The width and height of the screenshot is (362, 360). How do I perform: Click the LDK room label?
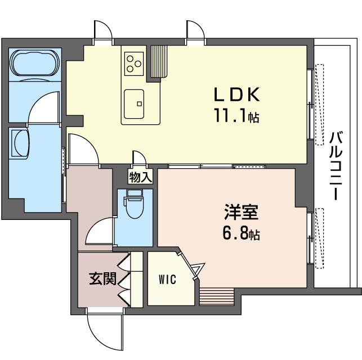point(237,94)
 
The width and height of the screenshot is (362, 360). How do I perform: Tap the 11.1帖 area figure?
point(237,115)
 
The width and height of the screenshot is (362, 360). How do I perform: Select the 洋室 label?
point(242,211)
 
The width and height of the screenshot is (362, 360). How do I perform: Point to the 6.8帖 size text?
point(242,233)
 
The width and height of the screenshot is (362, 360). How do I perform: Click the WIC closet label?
point(167,280)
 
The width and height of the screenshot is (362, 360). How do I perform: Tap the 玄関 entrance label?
point(102,278)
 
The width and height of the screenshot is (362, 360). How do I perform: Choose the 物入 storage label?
point(140,178)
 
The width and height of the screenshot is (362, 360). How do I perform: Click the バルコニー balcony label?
point(336,165)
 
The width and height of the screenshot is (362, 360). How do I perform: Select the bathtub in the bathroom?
point(35,62)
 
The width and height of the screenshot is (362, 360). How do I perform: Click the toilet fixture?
point(135,204)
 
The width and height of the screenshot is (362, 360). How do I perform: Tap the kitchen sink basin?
point(134,104)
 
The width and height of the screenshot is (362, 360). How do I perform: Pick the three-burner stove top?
point(134,64)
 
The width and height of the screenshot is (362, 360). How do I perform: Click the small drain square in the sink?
point(139,103)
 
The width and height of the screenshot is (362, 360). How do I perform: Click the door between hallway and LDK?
point(83,150)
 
